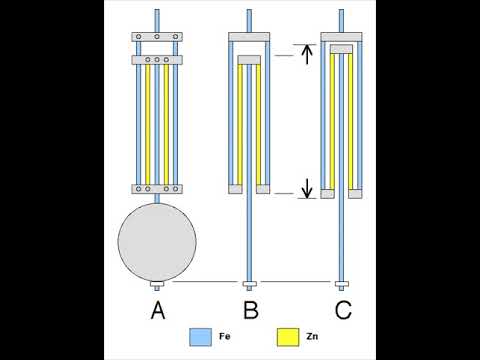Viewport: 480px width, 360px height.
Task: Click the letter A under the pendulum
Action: click(x=157, y=310)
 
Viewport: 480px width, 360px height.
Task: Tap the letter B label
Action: click(x=250, y=310)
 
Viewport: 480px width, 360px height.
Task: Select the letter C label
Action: click(x=343, y=310)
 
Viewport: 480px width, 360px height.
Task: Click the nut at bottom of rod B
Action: click(x=250, y=283)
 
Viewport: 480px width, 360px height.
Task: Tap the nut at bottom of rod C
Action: click(x=343, y=283)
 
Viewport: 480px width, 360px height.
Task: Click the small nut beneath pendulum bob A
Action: click(x=157, y=285)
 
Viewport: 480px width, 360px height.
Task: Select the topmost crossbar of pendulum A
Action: click(x=157, y=37)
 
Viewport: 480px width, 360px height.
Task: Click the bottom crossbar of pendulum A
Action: click(x=157, y=188)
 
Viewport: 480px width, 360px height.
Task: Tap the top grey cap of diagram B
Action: click(x=250, y=37)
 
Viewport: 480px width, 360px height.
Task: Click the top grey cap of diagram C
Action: click(x=343, y=37)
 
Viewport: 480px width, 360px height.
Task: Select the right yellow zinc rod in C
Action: click(x=351, y=120)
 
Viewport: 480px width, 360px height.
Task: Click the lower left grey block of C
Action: click(x=326, y=193)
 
